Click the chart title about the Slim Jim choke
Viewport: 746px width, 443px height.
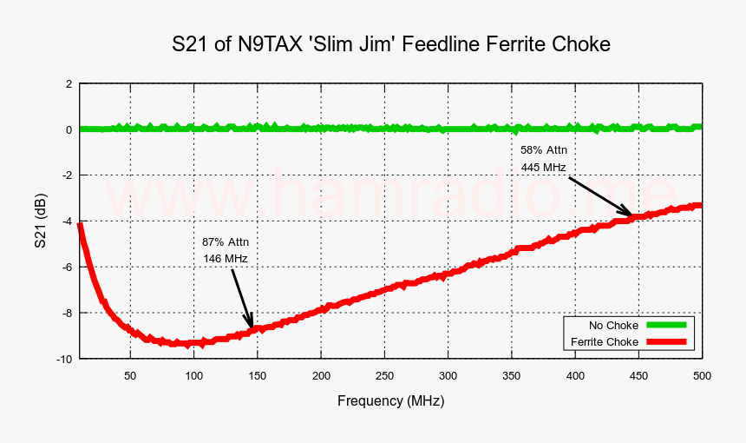click(391, 44)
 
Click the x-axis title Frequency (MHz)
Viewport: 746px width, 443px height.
click(390, 400)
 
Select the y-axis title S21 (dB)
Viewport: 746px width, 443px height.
click(40, 221)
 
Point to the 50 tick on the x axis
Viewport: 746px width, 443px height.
click(130, 375)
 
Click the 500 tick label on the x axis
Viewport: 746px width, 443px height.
click(702, 375)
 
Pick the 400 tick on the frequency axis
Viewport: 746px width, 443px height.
click(575, 375)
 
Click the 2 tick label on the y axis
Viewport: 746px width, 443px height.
click(69, 84)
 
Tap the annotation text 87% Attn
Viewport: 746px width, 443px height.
click(225, 241)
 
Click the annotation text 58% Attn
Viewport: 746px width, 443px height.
click(543, 149)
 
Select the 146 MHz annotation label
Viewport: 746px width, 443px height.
click(225, 259)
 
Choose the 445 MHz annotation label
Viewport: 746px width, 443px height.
click(543, 167)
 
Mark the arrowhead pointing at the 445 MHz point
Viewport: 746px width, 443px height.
click(629, 212)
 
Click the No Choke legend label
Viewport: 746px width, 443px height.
click(612, 325)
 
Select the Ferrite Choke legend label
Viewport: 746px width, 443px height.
click(605, 342)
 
